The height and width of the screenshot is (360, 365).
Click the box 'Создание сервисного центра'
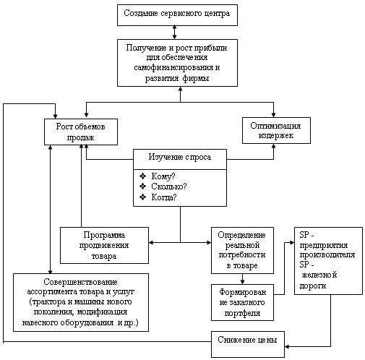[x=177, y=15]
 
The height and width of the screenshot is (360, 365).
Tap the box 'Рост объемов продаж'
[x=81, y=132]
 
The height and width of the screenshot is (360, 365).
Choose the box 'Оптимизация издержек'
[x=276, y=130]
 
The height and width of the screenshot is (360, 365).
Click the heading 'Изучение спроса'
[x=180, y=157]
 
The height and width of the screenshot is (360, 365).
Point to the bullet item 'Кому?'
[x=163, y=176]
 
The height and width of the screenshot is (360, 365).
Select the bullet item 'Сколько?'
[x=169, y=187]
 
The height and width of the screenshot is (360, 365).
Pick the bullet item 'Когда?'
[x=164, y=197]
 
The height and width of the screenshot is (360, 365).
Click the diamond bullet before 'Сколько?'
[x=142, y=187]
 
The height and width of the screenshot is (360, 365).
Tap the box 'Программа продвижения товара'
[x=104, y=245]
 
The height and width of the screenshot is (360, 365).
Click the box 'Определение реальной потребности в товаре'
[x=242, y=250]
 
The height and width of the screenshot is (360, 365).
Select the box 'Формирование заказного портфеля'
[x=242, y=302]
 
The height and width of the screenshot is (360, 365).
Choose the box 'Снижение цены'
[x=248, y=344]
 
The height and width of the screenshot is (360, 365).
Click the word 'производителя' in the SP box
[x=327, y=254]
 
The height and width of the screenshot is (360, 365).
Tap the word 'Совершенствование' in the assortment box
[x=81, y=282]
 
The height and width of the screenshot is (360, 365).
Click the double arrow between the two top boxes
[x=175, y=33]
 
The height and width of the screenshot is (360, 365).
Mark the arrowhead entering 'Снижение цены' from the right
[x=287, y=347]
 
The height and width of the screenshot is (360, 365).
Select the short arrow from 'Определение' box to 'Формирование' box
[x=242, y=279]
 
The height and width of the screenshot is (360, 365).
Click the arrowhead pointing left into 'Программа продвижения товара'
[x=151, y=242]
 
